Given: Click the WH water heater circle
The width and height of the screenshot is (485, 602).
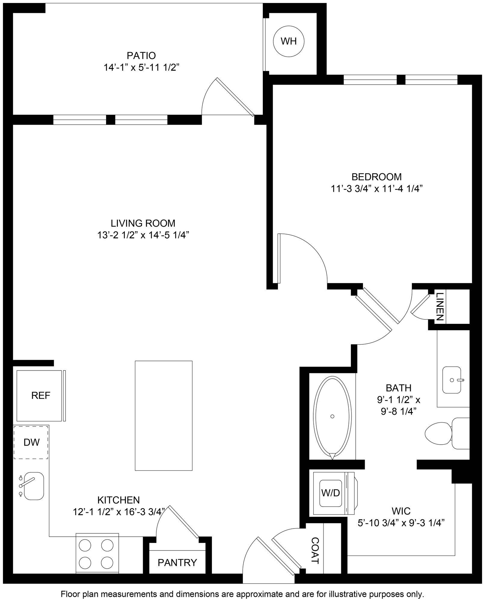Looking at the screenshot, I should coord(289,41).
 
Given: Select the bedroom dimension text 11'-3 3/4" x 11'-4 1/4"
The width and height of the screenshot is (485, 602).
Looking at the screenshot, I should coord(377,189).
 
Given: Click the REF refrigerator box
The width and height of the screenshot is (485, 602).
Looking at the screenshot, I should coord(41,396).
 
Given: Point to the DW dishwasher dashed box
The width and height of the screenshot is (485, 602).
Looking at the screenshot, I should coord(31,442).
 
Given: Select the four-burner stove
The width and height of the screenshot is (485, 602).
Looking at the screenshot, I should coord(97,553).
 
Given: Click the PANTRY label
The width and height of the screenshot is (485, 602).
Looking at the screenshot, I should coord(177,562).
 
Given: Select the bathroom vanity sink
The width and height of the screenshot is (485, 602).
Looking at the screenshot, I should coord(452,380).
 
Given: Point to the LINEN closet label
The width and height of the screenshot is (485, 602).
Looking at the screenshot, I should coord(439,306).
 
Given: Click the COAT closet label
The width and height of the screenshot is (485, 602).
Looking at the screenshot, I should coord(315,551).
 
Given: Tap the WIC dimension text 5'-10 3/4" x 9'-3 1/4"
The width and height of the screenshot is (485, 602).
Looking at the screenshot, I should coord(401,523).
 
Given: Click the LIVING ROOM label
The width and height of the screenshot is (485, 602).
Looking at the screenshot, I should coord(143,223).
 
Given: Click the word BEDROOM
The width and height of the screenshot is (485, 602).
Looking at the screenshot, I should coord(376,176).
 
